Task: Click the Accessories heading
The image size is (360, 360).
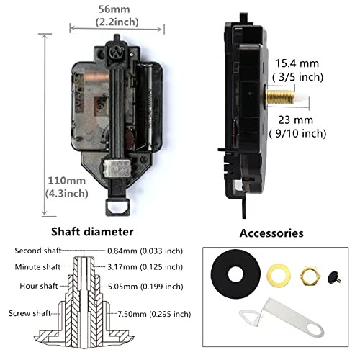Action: [x=272, y=233]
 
